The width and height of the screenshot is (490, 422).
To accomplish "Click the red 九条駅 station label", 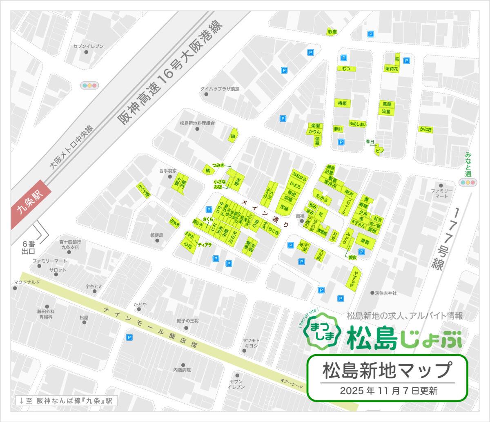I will coord(31,204).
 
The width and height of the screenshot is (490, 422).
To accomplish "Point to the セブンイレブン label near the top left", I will coord(88,46).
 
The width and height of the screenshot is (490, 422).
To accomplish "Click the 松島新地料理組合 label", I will coord(197,123).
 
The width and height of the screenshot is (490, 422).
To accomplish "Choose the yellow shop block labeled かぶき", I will coord(425,130).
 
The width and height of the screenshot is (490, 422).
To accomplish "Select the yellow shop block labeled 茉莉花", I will coord(391,69).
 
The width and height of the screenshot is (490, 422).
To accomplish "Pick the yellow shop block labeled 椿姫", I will coord(342,103).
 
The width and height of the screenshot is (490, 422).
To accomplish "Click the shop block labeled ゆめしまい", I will coord(358,123).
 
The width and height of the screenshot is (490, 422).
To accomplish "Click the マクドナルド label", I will coord(27,282).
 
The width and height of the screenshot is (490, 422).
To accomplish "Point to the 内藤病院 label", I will coord(182,370).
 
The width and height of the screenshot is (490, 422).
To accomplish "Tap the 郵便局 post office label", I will coord(156,235).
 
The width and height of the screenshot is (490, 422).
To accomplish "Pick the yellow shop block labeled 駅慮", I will coord(332,31).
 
